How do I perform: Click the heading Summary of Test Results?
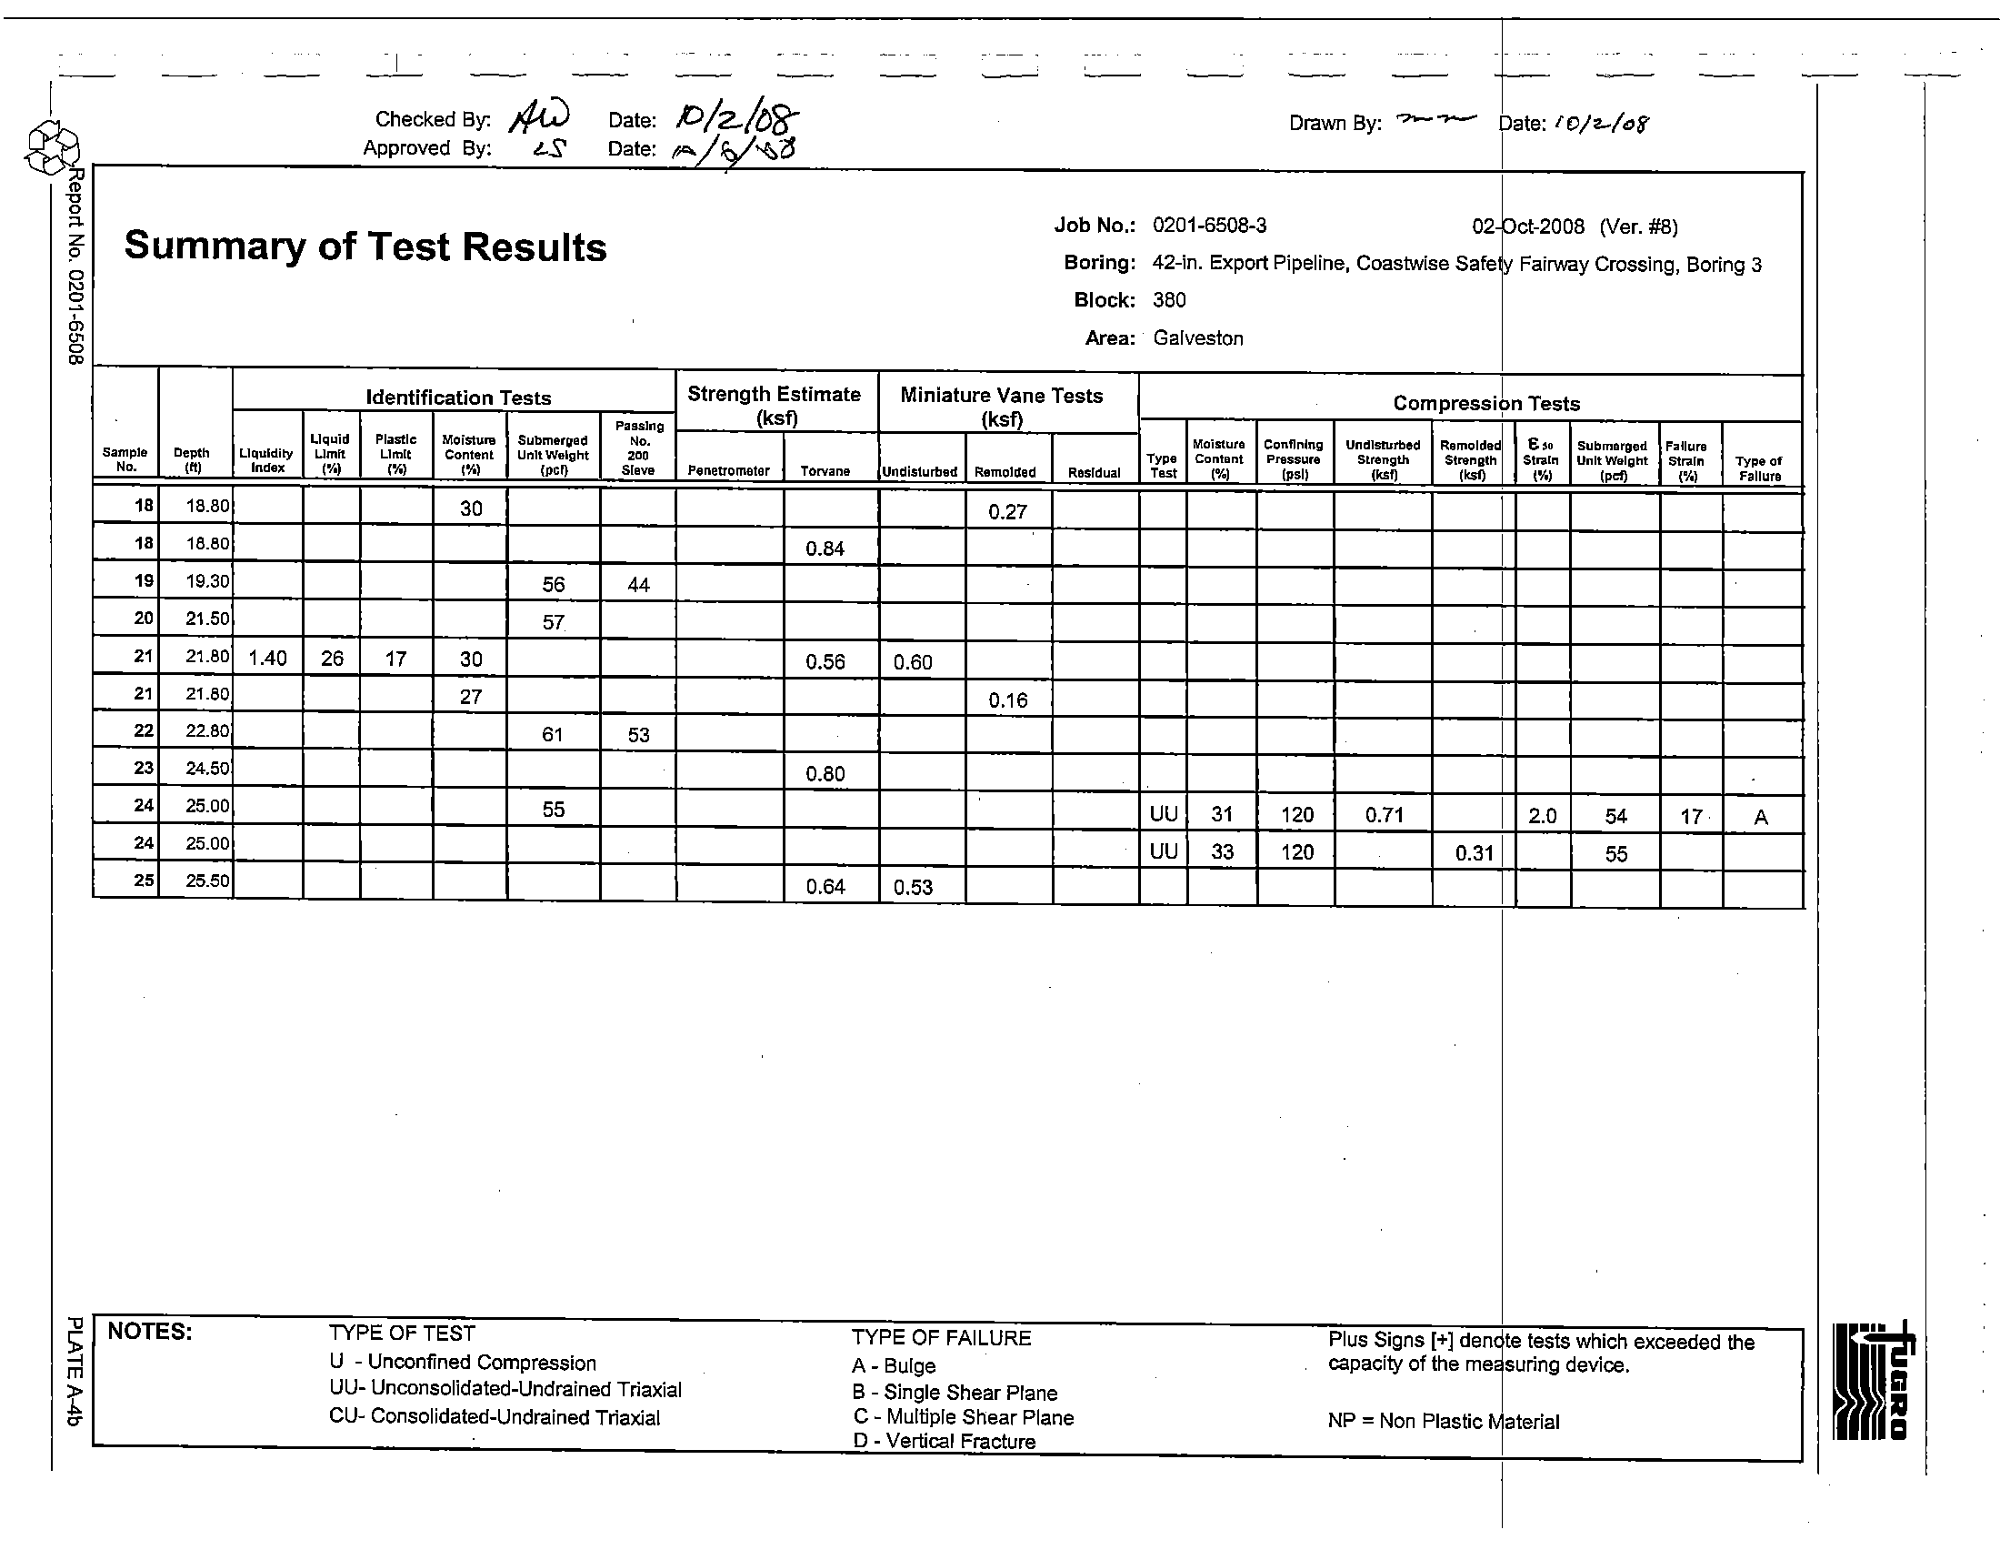click(365, 247)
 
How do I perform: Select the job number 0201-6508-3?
click(1209, 226)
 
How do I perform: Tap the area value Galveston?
click(1198, 338)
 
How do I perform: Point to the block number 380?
click(1169, 300)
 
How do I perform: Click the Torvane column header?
click(825, 471)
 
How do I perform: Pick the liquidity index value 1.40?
click(267, 659)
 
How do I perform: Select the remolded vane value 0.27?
click(1007, 512)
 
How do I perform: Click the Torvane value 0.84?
click(825, 549)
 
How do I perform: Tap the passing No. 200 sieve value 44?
click(638, 585)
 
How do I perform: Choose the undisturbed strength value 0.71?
click(1384, 814)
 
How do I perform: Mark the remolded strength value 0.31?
click(1475, 854)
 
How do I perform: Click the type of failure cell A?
click(1760, 817)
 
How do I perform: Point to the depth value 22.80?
click(207, 731)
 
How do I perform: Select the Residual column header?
click(1094, 473)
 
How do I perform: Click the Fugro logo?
click(1873, 1380)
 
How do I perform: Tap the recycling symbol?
click(52, 149)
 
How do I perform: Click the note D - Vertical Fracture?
click(944, 1441)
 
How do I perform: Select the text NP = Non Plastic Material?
click(1444, 1421)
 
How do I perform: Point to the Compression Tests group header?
click(1486, 403)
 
